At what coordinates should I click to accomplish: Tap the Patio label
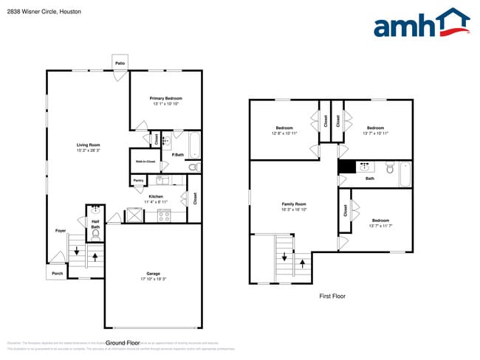pyautogui.click(x=120, y=63)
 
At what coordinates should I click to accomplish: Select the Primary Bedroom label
pyautogui.click(x=166, y=98)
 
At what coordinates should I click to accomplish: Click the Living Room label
pyautogui.click(x=88, y=145)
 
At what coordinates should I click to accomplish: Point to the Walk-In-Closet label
pyautogui.click(x=144, y=161)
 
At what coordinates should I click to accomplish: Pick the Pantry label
pyautogui.click(x=138, y=180)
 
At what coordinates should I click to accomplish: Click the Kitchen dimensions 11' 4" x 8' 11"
pyautogui.click(x=155, y=201)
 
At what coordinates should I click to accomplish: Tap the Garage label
pyautogui.click(x=153, y=274)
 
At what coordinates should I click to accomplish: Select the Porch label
pyautogui.click(x=57, y=273)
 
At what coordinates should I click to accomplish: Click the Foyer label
pyautogui.click(x=61, y=231)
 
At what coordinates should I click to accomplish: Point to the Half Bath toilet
pyautogui.click(x=95, y=235)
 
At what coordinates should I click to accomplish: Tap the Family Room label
pyautogui.click(x=294, y=204)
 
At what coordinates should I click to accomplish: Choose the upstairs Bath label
pyautogui.click(x=369, y=178)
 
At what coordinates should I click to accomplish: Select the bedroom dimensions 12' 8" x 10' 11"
pyautogui.click(x=284, y=134)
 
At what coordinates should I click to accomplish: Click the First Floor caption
pyautogui.click(x=332, y=296)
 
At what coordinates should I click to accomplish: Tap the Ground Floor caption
pyautogui.click(x=123, y=343)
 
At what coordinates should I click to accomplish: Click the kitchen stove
pyautogui.click(x=163, y=215)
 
